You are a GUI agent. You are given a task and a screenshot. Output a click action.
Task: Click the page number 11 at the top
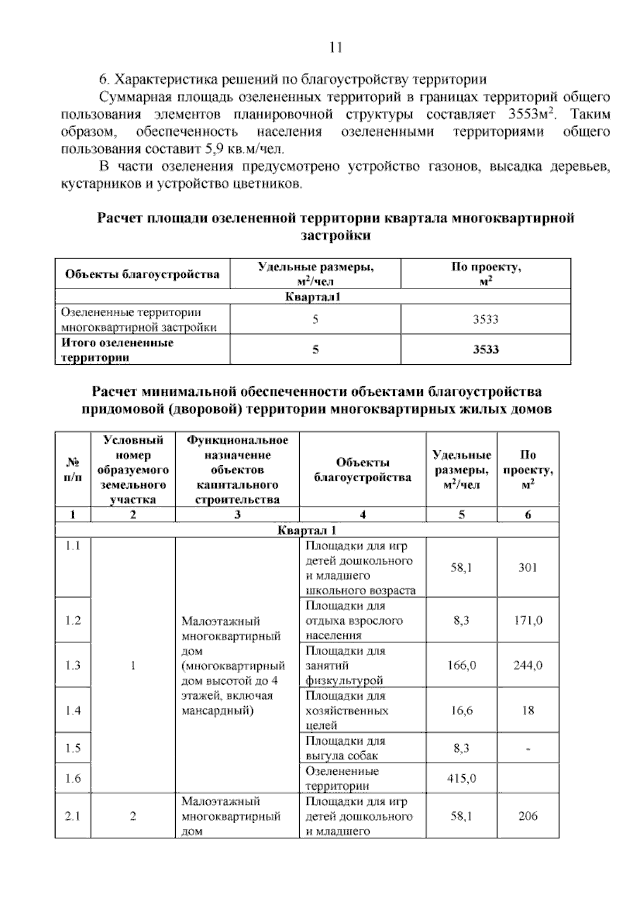point(335,48)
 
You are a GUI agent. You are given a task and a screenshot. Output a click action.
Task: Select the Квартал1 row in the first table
point(312,296)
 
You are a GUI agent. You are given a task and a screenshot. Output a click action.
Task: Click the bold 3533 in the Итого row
point(486,350)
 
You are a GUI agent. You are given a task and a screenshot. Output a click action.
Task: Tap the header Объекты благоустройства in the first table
point(142,275)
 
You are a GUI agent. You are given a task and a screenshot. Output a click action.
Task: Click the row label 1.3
point(73,665)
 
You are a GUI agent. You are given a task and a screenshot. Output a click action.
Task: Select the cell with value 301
point(527,567)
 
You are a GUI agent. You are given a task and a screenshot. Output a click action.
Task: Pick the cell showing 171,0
point(528,620)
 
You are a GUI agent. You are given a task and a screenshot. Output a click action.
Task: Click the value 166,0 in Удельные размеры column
point(462,665)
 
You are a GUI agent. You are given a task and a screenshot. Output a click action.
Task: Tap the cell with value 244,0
point(528,665)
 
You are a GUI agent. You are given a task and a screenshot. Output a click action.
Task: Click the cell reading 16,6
point(462,710)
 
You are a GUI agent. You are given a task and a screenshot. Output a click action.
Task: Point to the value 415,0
point(462,778)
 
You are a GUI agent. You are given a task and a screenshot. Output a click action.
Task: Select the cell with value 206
point(528,816)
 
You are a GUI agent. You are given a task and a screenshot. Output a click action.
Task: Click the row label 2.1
point(73,816)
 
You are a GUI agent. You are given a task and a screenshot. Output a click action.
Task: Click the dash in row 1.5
point(528,749)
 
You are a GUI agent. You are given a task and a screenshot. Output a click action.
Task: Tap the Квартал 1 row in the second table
point(307,530)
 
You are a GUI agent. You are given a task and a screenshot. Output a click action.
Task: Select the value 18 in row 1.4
point(528,710)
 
